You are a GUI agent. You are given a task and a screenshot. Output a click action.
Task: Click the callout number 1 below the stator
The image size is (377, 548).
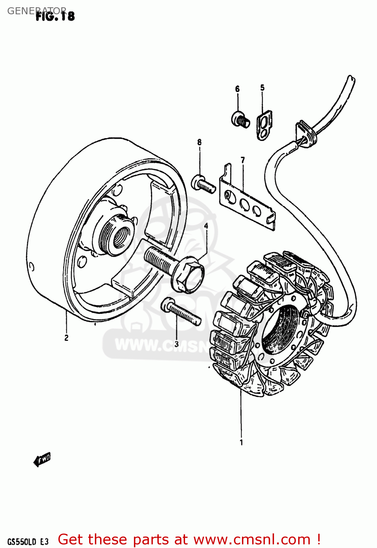(x=241, y=442)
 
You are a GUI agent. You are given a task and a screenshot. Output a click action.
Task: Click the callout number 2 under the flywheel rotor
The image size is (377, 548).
(x=66, y=338)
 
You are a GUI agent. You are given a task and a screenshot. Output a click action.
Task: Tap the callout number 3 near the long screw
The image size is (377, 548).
(x=177, y=344)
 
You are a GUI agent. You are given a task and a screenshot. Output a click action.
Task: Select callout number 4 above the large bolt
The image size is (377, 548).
(x=206, y=226)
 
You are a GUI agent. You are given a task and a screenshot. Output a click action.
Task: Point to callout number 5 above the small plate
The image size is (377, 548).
(x=262, y=88)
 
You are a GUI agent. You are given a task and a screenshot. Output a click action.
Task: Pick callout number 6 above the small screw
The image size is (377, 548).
(x=237, y=89)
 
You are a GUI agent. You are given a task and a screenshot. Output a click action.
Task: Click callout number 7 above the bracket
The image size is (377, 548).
(x=243, y=160)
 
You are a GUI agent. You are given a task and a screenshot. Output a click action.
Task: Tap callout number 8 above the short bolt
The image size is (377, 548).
(x=199, y=142)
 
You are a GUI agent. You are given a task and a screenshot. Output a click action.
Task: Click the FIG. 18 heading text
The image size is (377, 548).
(x=55, y=16)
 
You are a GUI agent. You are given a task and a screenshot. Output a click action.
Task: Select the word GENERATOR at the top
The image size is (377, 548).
(x=36, y=11)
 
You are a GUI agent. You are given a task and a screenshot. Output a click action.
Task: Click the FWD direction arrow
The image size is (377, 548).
(x=42, y=459)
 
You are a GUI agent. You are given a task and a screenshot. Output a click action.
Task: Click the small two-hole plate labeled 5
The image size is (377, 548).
(x=264, y=125)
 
